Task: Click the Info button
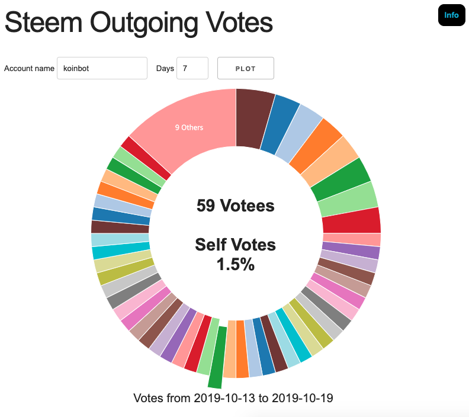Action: [451, 15]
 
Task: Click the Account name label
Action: [29, 68]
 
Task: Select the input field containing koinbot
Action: [102, 68]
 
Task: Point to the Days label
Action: [165, 68]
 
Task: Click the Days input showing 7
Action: [192, 68]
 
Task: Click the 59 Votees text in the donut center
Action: [235, 206]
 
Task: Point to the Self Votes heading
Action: [235, 244]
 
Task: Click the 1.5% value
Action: [235, 265]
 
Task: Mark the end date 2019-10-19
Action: [302, 398]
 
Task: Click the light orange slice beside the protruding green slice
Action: [230, 349]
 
